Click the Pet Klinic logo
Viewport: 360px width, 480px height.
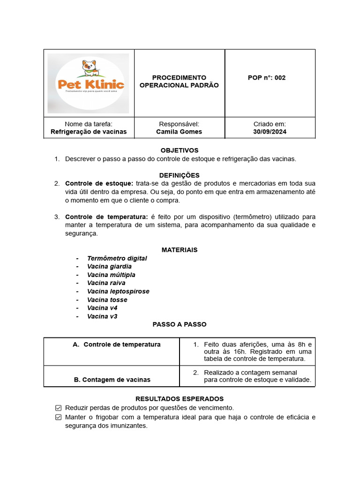point(89,83)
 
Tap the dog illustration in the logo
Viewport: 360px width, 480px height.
point(89,67)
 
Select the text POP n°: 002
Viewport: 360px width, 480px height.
point(266,78)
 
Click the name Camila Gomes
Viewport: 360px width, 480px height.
point(179,132)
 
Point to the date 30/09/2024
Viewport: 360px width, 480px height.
point(270,132)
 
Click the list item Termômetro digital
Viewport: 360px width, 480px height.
point(117,258)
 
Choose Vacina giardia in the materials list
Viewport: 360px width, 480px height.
point(109,267)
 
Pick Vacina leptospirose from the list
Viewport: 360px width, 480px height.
point(118,292)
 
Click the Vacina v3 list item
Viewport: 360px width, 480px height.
point(102,316)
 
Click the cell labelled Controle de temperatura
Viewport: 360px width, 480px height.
point(122,345)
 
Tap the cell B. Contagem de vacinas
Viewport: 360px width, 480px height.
point(112,380)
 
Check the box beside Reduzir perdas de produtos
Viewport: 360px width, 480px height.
point(59,408)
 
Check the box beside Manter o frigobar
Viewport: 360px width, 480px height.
point(59,417)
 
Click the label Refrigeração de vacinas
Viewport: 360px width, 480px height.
point(89,132)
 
